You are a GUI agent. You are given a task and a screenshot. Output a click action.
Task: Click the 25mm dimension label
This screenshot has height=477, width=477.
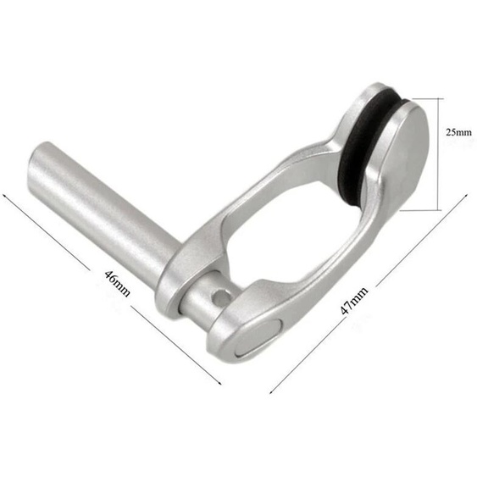click(x=458, y=133)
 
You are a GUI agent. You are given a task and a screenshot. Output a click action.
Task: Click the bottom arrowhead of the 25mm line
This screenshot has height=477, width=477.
click(x=441, y=208)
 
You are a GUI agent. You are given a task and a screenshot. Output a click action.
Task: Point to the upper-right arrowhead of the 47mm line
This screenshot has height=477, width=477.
click(x=466, y=198)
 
